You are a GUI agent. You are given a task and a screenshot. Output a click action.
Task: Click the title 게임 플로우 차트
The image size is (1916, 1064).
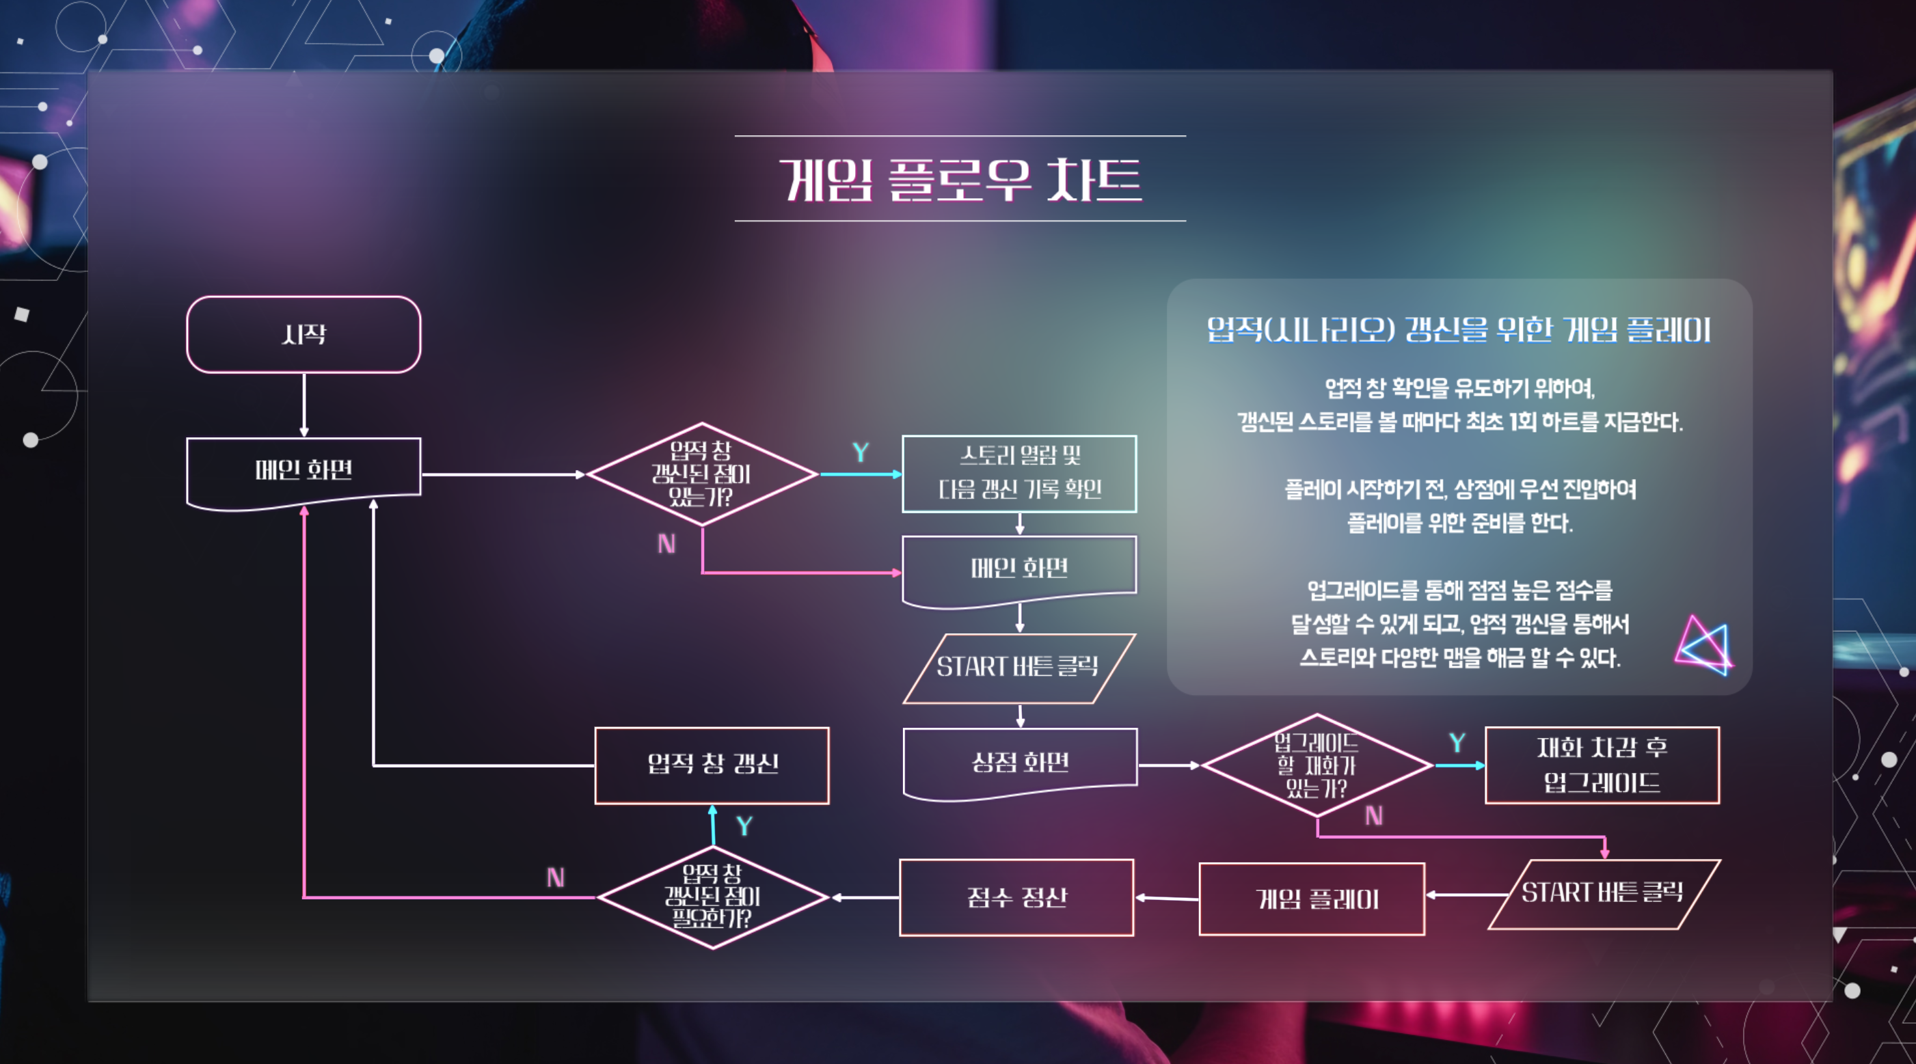click(960, 179)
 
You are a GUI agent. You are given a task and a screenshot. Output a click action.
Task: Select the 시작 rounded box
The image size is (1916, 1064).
click(303, 335)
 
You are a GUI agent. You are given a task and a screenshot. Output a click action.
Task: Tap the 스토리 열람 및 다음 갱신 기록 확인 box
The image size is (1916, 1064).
click(1019, 473)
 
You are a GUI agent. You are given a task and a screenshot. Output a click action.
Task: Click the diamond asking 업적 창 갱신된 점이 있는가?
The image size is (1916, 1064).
click(701, 474)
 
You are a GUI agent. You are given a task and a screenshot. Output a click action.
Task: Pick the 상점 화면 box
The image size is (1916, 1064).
click(1020, 762)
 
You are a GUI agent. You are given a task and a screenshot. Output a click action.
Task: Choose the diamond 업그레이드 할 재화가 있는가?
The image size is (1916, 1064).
click(1317, 765)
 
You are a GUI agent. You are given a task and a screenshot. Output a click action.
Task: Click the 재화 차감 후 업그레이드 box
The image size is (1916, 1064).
click(1602, 765)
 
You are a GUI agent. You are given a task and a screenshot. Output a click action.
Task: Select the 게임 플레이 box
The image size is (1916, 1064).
click(1312, 899)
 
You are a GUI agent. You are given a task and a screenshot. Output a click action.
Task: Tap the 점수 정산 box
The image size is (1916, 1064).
click(1016, 897)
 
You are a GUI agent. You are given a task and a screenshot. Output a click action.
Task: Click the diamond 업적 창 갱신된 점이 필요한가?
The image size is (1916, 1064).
click(712, 897)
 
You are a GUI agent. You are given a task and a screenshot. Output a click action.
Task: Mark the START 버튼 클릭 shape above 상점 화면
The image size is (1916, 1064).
click(1018, 668)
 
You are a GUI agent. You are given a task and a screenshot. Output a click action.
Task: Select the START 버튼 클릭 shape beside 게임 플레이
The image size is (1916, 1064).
click(1603, 894)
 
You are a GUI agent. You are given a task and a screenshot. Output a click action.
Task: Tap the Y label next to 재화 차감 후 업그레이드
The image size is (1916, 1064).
click(1457, 743)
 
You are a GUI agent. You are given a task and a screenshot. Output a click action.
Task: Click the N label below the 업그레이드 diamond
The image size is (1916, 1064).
click(1374, 817)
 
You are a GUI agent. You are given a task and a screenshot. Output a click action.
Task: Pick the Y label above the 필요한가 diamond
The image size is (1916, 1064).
click(744, 826)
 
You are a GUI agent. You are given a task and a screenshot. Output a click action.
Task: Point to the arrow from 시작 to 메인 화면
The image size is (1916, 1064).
click(303, 405)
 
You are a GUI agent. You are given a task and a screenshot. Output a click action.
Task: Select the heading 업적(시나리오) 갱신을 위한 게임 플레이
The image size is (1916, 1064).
click(1459, 329)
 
